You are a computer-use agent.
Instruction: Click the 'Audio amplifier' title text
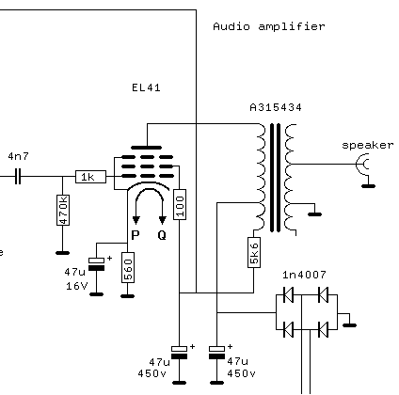(269, 26)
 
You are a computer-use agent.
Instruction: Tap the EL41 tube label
(146, 87)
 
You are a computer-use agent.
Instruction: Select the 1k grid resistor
(90, 177)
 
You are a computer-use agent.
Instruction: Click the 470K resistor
(63, 210)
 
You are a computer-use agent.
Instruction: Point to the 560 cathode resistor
(128, 267)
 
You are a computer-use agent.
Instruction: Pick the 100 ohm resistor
(180, 204)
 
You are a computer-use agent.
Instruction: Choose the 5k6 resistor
(254, 252)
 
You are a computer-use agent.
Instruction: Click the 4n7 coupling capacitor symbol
(18, 177)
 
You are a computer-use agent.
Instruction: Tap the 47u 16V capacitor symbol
(96, 264)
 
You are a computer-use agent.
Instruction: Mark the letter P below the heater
(136, 235)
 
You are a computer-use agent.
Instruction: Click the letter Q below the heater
(162, 235)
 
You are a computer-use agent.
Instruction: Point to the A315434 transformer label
(276, 107)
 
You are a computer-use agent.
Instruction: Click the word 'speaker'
(367, 145)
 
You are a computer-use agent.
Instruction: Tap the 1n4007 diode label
(304, 275)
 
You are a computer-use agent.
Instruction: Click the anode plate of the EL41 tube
(146, 148)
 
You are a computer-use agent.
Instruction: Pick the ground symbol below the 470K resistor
(62, 253)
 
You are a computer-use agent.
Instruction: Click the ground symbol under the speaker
(368, 186)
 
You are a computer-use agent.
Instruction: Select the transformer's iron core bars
(275, 178)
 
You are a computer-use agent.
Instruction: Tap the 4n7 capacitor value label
(19, 156)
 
